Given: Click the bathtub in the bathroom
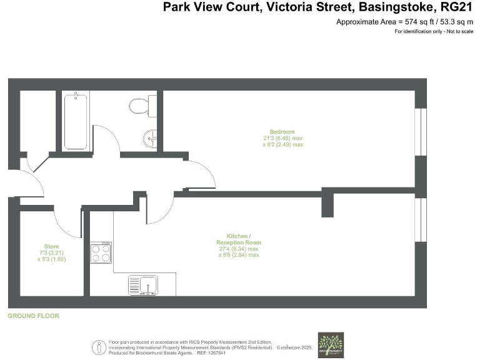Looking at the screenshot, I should click(76, 120).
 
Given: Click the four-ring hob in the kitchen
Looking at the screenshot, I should click(101, 252).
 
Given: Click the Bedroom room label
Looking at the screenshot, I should click(282, 132).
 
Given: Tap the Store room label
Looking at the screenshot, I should click(51, 246).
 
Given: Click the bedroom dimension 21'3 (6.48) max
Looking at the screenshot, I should click(282, 138).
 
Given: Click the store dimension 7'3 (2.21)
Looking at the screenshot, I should click(51, 252).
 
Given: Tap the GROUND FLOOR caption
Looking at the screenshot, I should click(33, 316).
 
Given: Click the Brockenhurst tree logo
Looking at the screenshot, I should click(331, 344).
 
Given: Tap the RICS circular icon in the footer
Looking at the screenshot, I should click(99, 347).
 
